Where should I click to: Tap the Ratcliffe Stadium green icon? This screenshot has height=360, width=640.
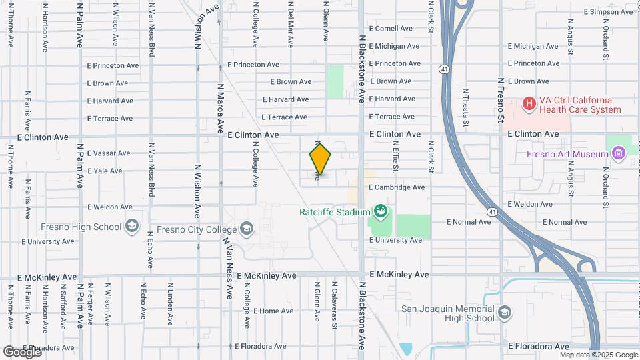point(380,212)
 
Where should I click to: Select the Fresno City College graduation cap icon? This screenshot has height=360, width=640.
point(247,229)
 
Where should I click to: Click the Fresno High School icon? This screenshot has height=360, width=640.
point(131,226)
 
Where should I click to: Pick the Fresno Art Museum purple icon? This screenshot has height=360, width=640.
point(618,154)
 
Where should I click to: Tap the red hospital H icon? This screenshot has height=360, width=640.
point(529,103)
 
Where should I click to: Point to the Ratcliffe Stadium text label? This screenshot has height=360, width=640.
point(334,212)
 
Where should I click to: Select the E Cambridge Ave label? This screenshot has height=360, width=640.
point(396,187)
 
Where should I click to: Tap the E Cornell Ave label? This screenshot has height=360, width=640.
point(395,29)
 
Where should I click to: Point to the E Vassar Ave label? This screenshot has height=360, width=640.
point(108,153)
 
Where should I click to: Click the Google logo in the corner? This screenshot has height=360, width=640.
point(22,351)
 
